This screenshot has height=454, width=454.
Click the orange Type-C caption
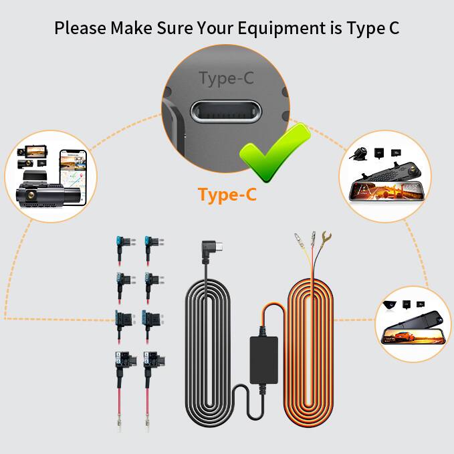click(x=227, y=195)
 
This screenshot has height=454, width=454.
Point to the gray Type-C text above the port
click(x=227, y=78)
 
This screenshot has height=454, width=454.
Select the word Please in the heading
click(x=80, y=29)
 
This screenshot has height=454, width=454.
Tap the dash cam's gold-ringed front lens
click(x=31, y=194)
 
